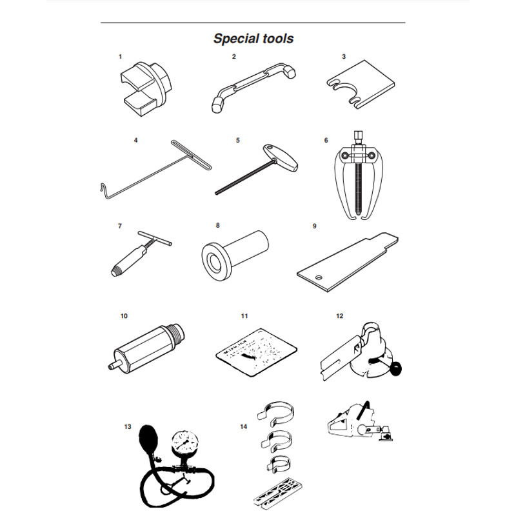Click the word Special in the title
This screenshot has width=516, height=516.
[x=235, y=39]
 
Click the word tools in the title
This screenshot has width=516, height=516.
[x=277, y=39]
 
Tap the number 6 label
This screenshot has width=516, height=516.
[x=326, y=141]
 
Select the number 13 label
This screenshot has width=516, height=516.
[x=128, y=427]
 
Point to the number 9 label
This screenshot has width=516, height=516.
[x=315, y=226]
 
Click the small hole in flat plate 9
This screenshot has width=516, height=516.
[x=318, y=277]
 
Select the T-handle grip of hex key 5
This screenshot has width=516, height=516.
[x=281, y=158]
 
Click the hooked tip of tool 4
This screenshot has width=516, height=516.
[x=103, y=190]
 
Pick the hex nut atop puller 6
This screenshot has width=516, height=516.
[x=358, y=137]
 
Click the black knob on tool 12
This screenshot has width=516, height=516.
[x=396, y=368]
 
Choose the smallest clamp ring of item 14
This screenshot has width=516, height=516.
[x=279, y=464]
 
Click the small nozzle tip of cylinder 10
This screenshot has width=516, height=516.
[x=112, y=366]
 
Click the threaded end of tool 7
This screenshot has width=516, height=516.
[x=116, y=272]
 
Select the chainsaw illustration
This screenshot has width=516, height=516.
[x=361, y=422]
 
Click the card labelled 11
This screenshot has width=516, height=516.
[x=257, y=352]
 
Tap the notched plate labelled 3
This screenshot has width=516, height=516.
[x=361, y=84]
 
